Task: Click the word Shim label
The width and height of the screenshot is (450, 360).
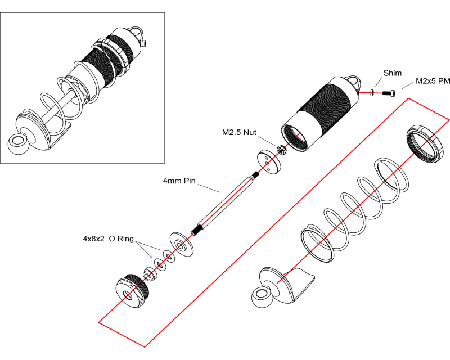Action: [x=393, y=73]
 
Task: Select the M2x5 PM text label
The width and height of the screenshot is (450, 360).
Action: [x=433, y=82]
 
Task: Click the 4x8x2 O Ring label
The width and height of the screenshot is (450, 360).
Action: [x=108, y=238]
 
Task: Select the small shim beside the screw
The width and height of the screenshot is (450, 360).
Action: [x=373, y=92]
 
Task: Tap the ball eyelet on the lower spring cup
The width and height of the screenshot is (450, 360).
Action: [x=261, y=296]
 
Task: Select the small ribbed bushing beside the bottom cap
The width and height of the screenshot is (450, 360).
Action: [x=149, y=275]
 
